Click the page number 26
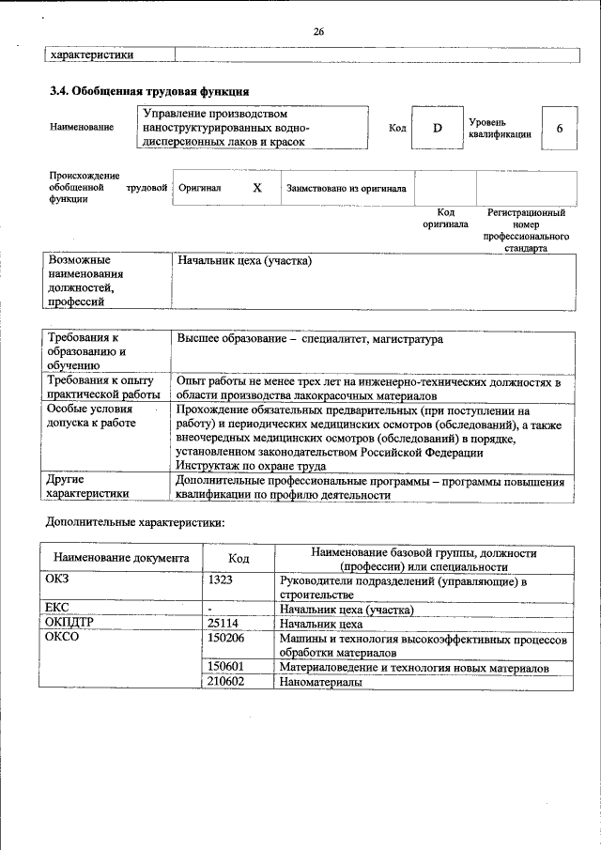click(x=318, y=33)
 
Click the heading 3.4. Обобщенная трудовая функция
click(x=148, y=91)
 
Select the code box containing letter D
click(x=437, y=128)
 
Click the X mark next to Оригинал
click(x=257, y=188)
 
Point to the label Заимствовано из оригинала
click(x=347, y=189)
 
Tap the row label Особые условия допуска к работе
click(x=91, y=416)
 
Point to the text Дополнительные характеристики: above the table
click(x=135, y=521)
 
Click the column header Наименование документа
click(x=121, y=558)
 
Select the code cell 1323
click(x=221, y=580)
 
